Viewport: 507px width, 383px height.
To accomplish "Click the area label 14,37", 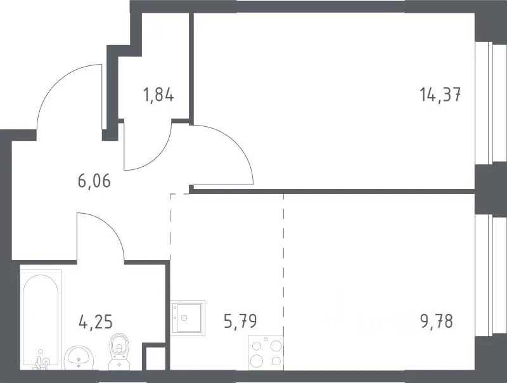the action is point(440,95).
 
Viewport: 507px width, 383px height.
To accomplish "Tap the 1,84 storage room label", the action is point(158,95).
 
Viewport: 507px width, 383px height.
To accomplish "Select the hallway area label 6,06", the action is point(94,181).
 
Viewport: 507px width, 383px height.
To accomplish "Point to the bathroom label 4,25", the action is point(96,321).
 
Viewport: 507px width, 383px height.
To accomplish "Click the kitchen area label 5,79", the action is point(241,321).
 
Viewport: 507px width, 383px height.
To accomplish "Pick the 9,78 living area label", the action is point(437,321).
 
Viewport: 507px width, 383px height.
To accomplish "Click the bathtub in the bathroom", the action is point(41,320).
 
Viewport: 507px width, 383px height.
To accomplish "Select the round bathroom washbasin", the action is point(79,358).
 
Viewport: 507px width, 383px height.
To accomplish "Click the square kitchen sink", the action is point(188,318).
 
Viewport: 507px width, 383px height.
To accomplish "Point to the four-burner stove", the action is point(266,353).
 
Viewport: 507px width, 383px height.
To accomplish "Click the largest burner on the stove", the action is point(256,360).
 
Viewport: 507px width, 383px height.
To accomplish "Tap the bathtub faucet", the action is point(42,361).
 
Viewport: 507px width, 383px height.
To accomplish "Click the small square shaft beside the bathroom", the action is point(154,358).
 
